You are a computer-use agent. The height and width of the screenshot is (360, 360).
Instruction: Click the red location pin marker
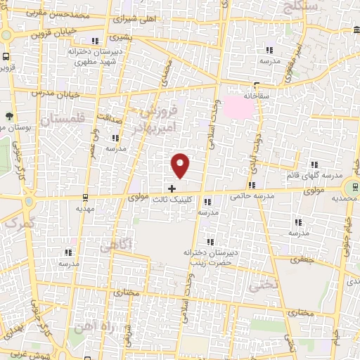pos(181,165)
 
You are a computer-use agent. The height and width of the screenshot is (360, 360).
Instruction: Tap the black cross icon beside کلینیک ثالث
pos(172,188)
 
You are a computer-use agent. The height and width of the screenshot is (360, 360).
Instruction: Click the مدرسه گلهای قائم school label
pos(314,174)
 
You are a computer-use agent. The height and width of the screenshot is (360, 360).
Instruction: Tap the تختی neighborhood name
pos(261,284)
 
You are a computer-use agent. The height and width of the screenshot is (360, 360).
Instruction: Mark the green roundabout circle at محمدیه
pos(349,188)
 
